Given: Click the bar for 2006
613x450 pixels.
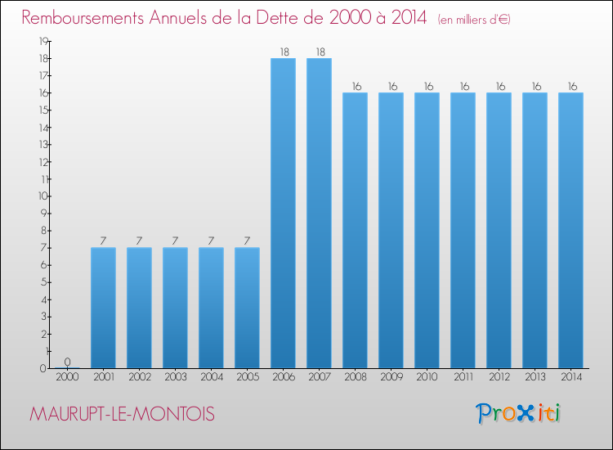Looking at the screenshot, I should (x=283, y=213).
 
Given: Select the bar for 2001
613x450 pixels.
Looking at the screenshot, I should (x=103, y=308).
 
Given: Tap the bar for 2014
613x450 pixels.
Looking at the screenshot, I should (x=570, y=230).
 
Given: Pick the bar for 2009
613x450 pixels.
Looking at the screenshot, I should (x=391, y=230).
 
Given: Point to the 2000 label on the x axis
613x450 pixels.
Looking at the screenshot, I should (x=67, y=377).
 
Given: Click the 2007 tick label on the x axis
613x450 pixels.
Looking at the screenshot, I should (x=319, y=377).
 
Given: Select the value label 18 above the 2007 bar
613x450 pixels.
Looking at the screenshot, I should (x=319, y=52).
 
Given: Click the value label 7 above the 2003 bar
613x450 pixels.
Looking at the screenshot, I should (x=175, y=241).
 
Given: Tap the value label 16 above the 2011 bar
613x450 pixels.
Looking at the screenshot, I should (x=463, y=87).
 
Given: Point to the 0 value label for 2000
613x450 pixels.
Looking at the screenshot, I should (x=67, y=362).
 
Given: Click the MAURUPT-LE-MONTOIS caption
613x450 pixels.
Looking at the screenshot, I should (x=123, y=415).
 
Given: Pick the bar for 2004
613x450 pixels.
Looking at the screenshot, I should (x=211, y=308).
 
